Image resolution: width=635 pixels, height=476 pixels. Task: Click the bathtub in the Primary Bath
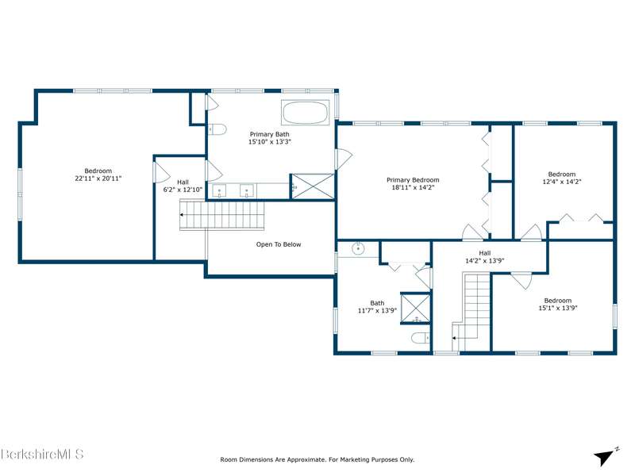305,113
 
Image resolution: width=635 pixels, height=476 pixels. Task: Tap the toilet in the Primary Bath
217,129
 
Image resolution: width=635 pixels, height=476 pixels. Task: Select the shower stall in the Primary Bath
313,186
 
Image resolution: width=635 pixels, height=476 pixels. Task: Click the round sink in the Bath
359,248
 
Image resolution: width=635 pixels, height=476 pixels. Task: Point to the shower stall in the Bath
415,308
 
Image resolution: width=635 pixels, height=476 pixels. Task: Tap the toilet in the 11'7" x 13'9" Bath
421,337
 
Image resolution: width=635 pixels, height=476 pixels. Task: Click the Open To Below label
279,244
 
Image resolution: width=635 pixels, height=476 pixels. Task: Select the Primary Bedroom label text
413,180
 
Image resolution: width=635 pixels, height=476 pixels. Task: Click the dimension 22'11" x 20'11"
98,178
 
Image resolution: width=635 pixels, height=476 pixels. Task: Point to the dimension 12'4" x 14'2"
562,182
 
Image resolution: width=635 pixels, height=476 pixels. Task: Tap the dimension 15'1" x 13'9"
558,308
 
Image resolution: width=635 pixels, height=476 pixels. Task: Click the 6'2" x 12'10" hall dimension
183,190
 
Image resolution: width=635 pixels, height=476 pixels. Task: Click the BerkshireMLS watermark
42,454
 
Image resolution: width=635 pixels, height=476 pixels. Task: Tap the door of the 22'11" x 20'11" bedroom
161,172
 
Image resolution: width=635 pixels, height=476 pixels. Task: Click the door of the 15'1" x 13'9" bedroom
521,280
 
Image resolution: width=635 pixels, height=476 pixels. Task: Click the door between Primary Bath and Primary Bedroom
344,159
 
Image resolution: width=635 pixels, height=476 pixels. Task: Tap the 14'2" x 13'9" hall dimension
484,261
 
